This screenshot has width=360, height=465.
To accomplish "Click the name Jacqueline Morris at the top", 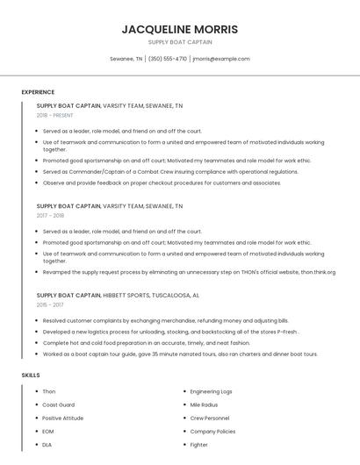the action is tap(179, 29).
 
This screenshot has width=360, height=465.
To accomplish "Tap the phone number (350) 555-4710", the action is tap(167, 59).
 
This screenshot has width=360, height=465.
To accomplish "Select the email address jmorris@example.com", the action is tap(220, 59).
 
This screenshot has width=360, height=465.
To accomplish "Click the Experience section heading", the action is tap(38, 92).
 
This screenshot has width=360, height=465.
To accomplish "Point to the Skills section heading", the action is tap(31, 375).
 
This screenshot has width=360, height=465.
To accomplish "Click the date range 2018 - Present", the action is tap(55, 115).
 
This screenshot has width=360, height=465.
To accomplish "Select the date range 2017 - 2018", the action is tap(50, 215).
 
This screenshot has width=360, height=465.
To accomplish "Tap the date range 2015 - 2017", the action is tap(50, 304).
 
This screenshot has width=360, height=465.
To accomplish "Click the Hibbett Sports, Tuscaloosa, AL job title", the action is tap(118, 296).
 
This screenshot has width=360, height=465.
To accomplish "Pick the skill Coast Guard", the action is tap(58, 404).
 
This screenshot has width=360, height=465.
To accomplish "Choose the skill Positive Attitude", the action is tap(63, 418).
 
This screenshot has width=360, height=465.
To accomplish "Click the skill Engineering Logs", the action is tap(211, 391).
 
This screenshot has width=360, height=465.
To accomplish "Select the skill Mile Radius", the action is tap(204, 404).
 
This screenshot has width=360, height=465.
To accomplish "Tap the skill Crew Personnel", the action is tap(210, 418).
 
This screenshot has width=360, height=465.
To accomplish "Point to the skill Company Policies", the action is tap(212, 432).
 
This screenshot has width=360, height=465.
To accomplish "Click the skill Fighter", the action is tap(199, 445).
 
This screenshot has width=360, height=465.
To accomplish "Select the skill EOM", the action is tap(48, 432).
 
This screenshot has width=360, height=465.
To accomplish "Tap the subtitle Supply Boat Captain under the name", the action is tap(179, 42).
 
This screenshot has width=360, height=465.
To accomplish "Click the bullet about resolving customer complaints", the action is tap(165, 321).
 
